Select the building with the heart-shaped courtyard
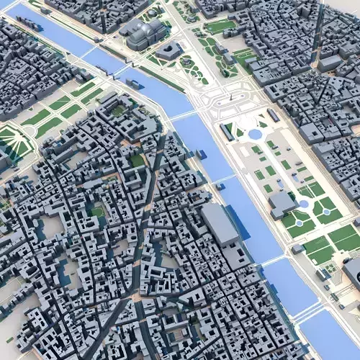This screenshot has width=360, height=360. pyautogui.click(x=169, y=51)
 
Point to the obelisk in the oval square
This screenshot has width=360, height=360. pyautogui.click(x=230, y=101)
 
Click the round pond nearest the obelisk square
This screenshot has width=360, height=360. pyautogui.click(x=255, y=134)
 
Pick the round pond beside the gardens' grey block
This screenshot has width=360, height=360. pyautogui.click(x=304, y=204)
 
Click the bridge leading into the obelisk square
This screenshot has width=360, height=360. pyautogui.click(x=184, y=115)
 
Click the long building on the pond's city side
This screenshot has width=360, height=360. pyautogui.click(x=274, y=115)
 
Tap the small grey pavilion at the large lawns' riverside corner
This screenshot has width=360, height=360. pyautogui.click(x=297, y=249)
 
